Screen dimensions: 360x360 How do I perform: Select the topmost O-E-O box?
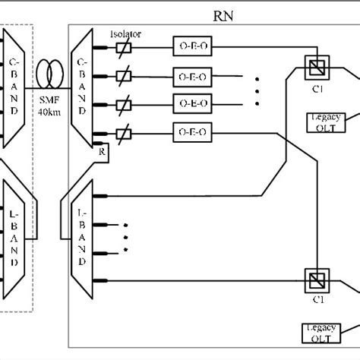(x=189, y=46)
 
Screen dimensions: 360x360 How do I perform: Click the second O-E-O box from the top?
(x=189, y=75)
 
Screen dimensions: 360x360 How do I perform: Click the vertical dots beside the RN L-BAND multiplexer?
(x=125, y=237)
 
